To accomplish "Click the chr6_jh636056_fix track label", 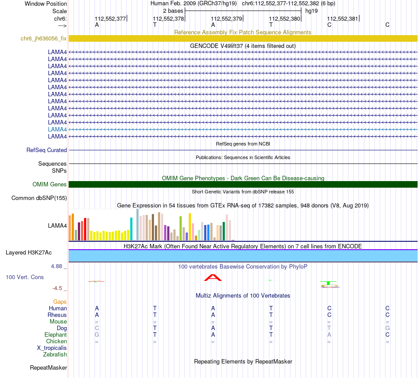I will [x=44, y=38].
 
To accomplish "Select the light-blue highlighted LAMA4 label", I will [x=57, y=129].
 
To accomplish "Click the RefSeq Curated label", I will [x=47, y=150].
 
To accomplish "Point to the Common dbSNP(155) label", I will [x=39, y=198].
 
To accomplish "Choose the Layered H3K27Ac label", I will [x=29, y=252].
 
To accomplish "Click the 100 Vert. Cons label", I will [x=25, y=277].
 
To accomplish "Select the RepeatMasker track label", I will [x=48, y=367].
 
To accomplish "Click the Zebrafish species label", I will [x=55, y=354].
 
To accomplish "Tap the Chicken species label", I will [x=56, y=341].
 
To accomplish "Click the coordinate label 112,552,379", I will [x=227, y=18].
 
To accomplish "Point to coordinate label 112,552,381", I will [x=343, y=18].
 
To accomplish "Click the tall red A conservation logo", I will [x=213, y=277].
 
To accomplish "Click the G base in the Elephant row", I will [x=97, y=334].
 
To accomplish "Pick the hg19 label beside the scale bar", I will [x=312, y=11].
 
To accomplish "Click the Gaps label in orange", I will [x=60, y=302].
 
